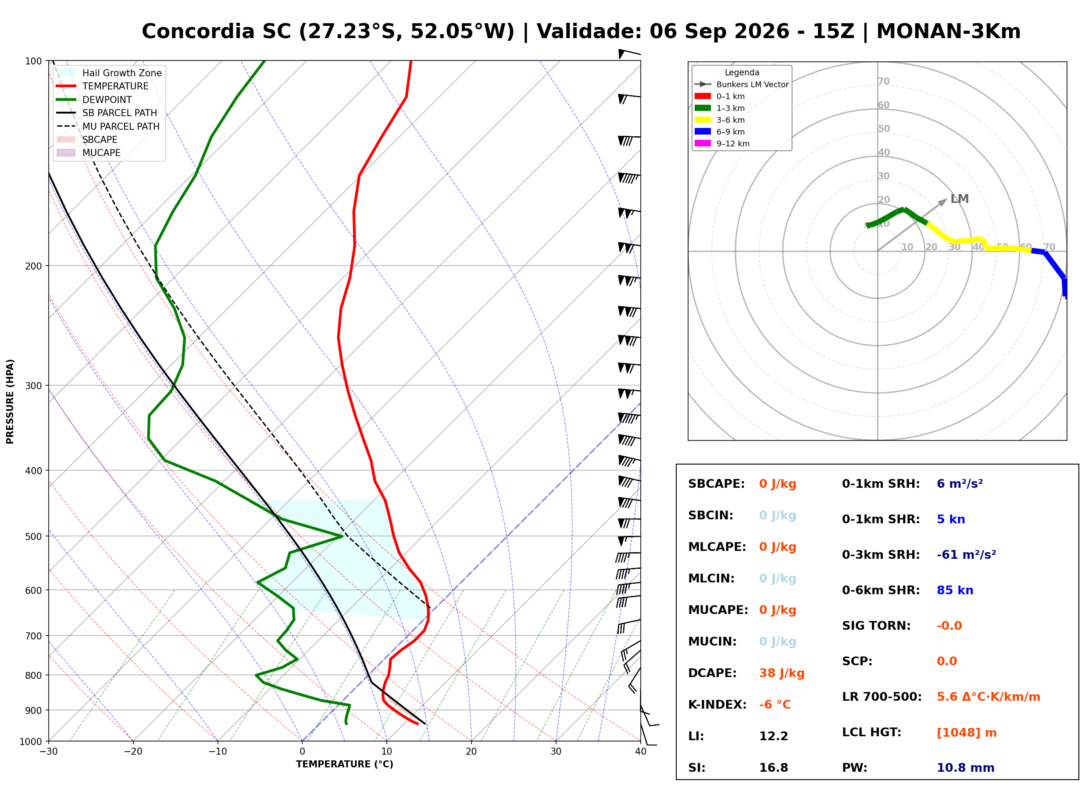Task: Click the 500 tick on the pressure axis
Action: pos(33,536)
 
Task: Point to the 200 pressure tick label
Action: pos(33,266)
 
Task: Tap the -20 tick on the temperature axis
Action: pos(133,752)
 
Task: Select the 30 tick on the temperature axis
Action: pos(556,752)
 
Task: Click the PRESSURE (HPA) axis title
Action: pos(10,401)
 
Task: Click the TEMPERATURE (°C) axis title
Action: pos(345,765)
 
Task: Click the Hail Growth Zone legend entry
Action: pos(109,73)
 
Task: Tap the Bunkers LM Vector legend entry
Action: pos(742,85)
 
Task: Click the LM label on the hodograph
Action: pos(960,199)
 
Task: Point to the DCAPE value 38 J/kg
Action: pos(782,673)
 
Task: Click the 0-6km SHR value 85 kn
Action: pos(955,590)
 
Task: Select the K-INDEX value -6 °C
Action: pos(775,705)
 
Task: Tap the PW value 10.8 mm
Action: pos(966,768)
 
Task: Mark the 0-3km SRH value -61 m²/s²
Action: pos(967,554)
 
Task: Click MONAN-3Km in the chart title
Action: pos(949,32)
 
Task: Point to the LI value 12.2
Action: pos(774,736)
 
